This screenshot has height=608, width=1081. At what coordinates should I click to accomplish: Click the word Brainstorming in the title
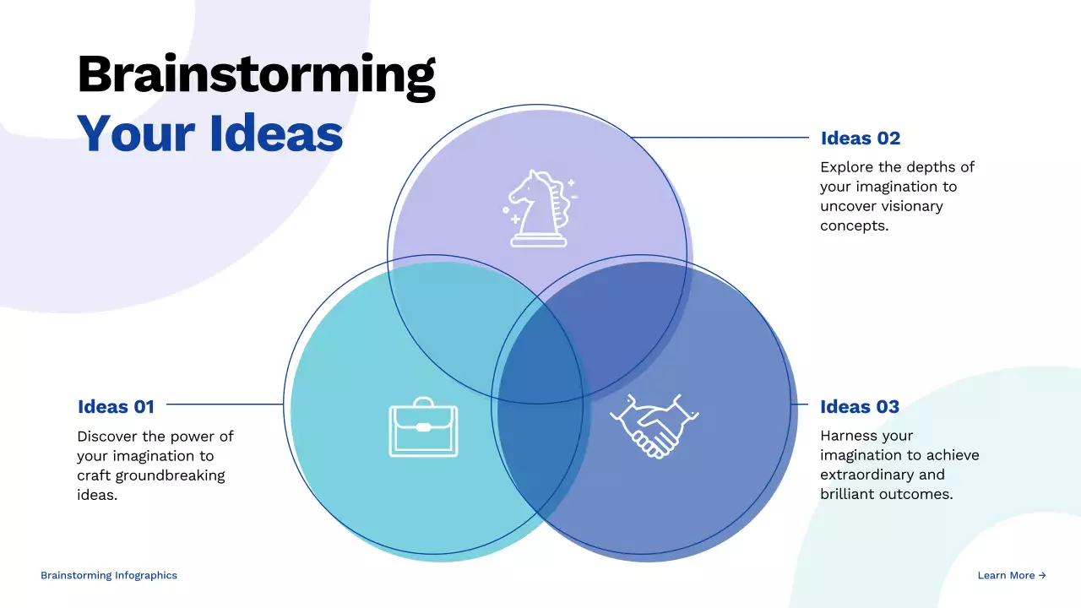tap(256, 74)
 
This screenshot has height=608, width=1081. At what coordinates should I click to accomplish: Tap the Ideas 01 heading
tap(116, 406)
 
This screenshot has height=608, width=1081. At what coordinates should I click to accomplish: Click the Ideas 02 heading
tap(860, 138)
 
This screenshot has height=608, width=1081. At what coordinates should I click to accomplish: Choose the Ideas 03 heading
tap(859, 406)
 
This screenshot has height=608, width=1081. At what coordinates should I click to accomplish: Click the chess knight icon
tap(538, 209)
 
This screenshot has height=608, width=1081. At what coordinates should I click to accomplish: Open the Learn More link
tap(1011, 575)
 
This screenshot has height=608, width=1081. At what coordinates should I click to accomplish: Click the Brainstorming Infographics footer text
tap(109, 575)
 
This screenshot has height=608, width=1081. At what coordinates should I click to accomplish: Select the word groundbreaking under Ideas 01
tap(174, 475)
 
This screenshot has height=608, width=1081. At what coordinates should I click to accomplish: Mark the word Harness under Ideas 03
tap(849, 436)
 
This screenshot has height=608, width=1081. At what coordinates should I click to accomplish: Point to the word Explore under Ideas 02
tap(847, 167)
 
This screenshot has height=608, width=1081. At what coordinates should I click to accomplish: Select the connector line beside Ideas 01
tap(224, 404)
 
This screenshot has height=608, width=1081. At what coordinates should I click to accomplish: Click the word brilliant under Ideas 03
tap(847, 494)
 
